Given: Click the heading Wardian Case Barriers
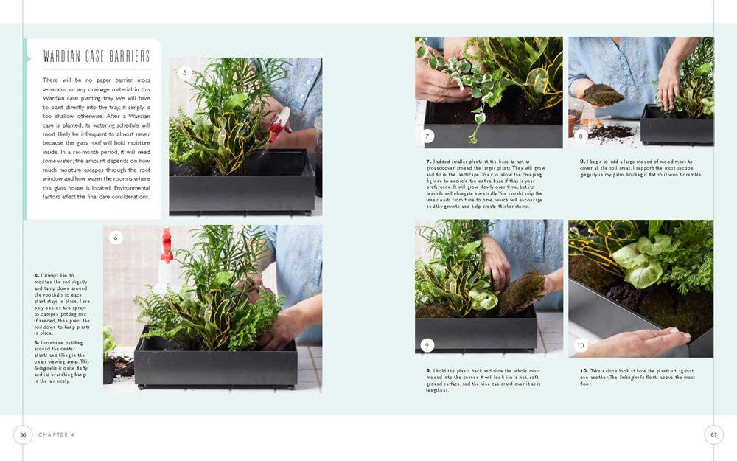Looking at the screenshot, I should [x=96, y=57].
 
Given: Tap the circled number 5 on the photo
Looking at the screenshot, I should [x=185, y=72].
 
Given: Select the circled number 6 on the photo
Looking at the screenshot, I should [x=116, y=238].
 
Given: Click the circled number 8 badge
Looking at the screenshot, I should [x=581, y=135].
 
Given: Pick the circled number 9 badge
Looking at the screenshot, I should [x=427, y=344].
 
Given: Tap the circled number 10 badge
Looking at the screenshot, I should [x=581, y=344].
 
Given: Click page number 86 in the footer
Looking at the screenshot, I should [x=23, y=434].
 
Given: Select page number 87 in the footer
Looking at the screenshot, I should [x=713, y=434].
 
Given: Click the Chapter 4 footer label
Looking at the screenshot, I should [x=57, y=435].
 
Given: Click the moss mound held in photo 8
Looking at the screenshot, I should [x=604, y=94].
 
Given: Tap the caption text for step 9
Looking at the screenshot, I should [x=483, y=380].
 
